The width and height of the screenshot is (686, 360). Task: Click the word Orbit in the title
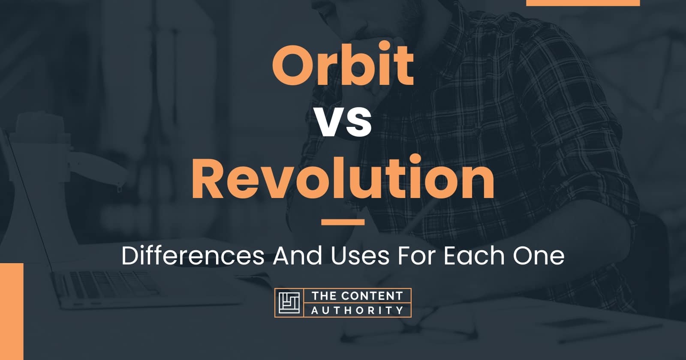pyautogui.click(x=343, y=65)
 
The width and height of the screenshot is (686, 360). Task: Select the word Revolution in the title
pyautogui.click(x=343, y=177)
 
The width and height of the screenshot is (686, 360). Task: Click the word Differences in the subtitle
pyautogui.click(x=193, y=255)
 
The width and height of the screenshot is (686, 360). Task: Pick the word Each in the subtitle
pyautogui.click(x=474, y=255)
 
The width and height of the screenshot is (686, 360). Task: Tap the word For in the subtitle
pyautogui.click(x=416, y=256)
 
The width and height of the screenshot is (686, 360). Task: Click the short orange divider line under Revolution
pyautogui.click(x=343, y=222)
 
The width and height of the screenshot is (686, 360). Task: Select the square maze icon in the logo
pyautogui.click(x=289, y=303)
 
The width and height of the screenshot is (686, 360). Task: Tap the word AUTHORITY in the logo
pyautogui.click(x=358, y=310)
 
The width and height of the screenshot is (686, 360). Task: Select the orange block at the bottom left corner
pyautogui.click(x=12, y=311)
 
